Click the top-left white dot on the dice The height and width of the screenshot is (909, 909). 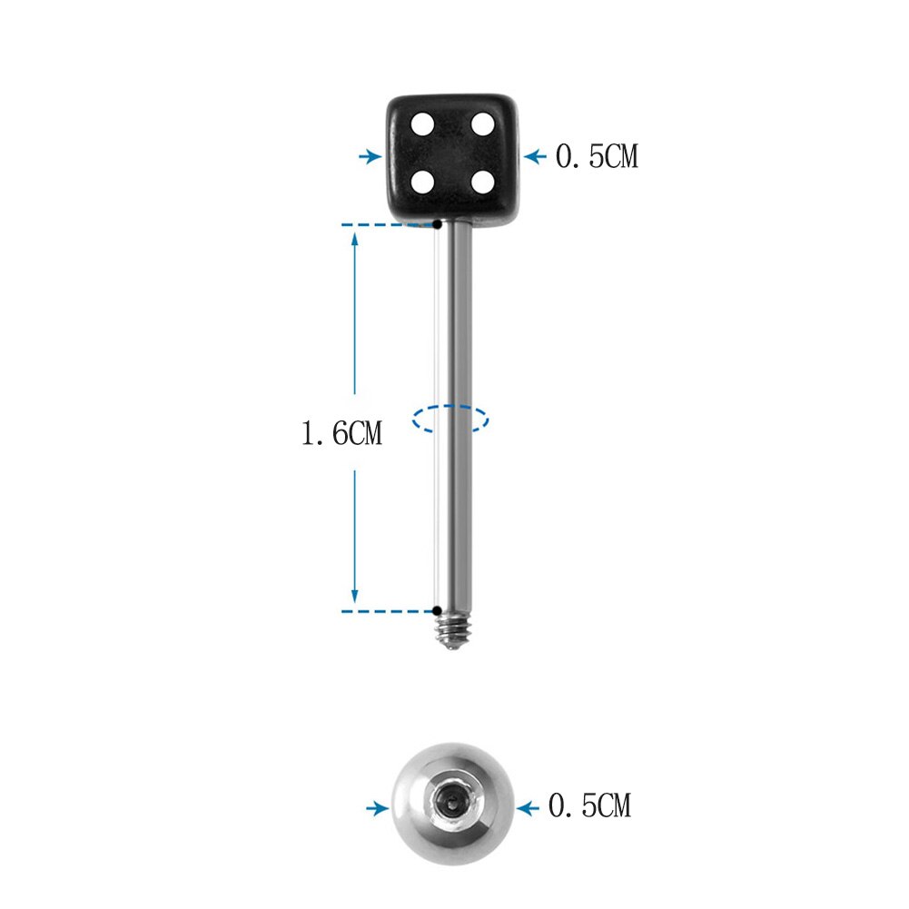point(423,123)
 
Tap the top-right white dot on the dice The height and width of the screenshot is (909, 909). point(482,123)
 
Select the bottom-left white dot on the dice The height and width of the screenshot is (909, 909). point(422,182)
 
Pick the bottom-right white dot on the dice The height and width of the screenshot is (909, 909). point(482,182)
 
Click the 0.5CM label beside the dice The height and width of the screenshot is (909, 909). point(597,157)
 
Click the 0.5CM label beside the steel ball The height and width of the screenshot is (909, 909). point(589,805)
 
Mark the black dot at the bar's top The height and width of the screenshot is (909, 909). point(437,223)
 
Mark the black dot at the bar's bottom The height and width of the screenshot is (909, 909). point(437,610)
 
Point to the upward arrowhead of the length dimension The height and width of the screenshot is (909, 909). point(355,239)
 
